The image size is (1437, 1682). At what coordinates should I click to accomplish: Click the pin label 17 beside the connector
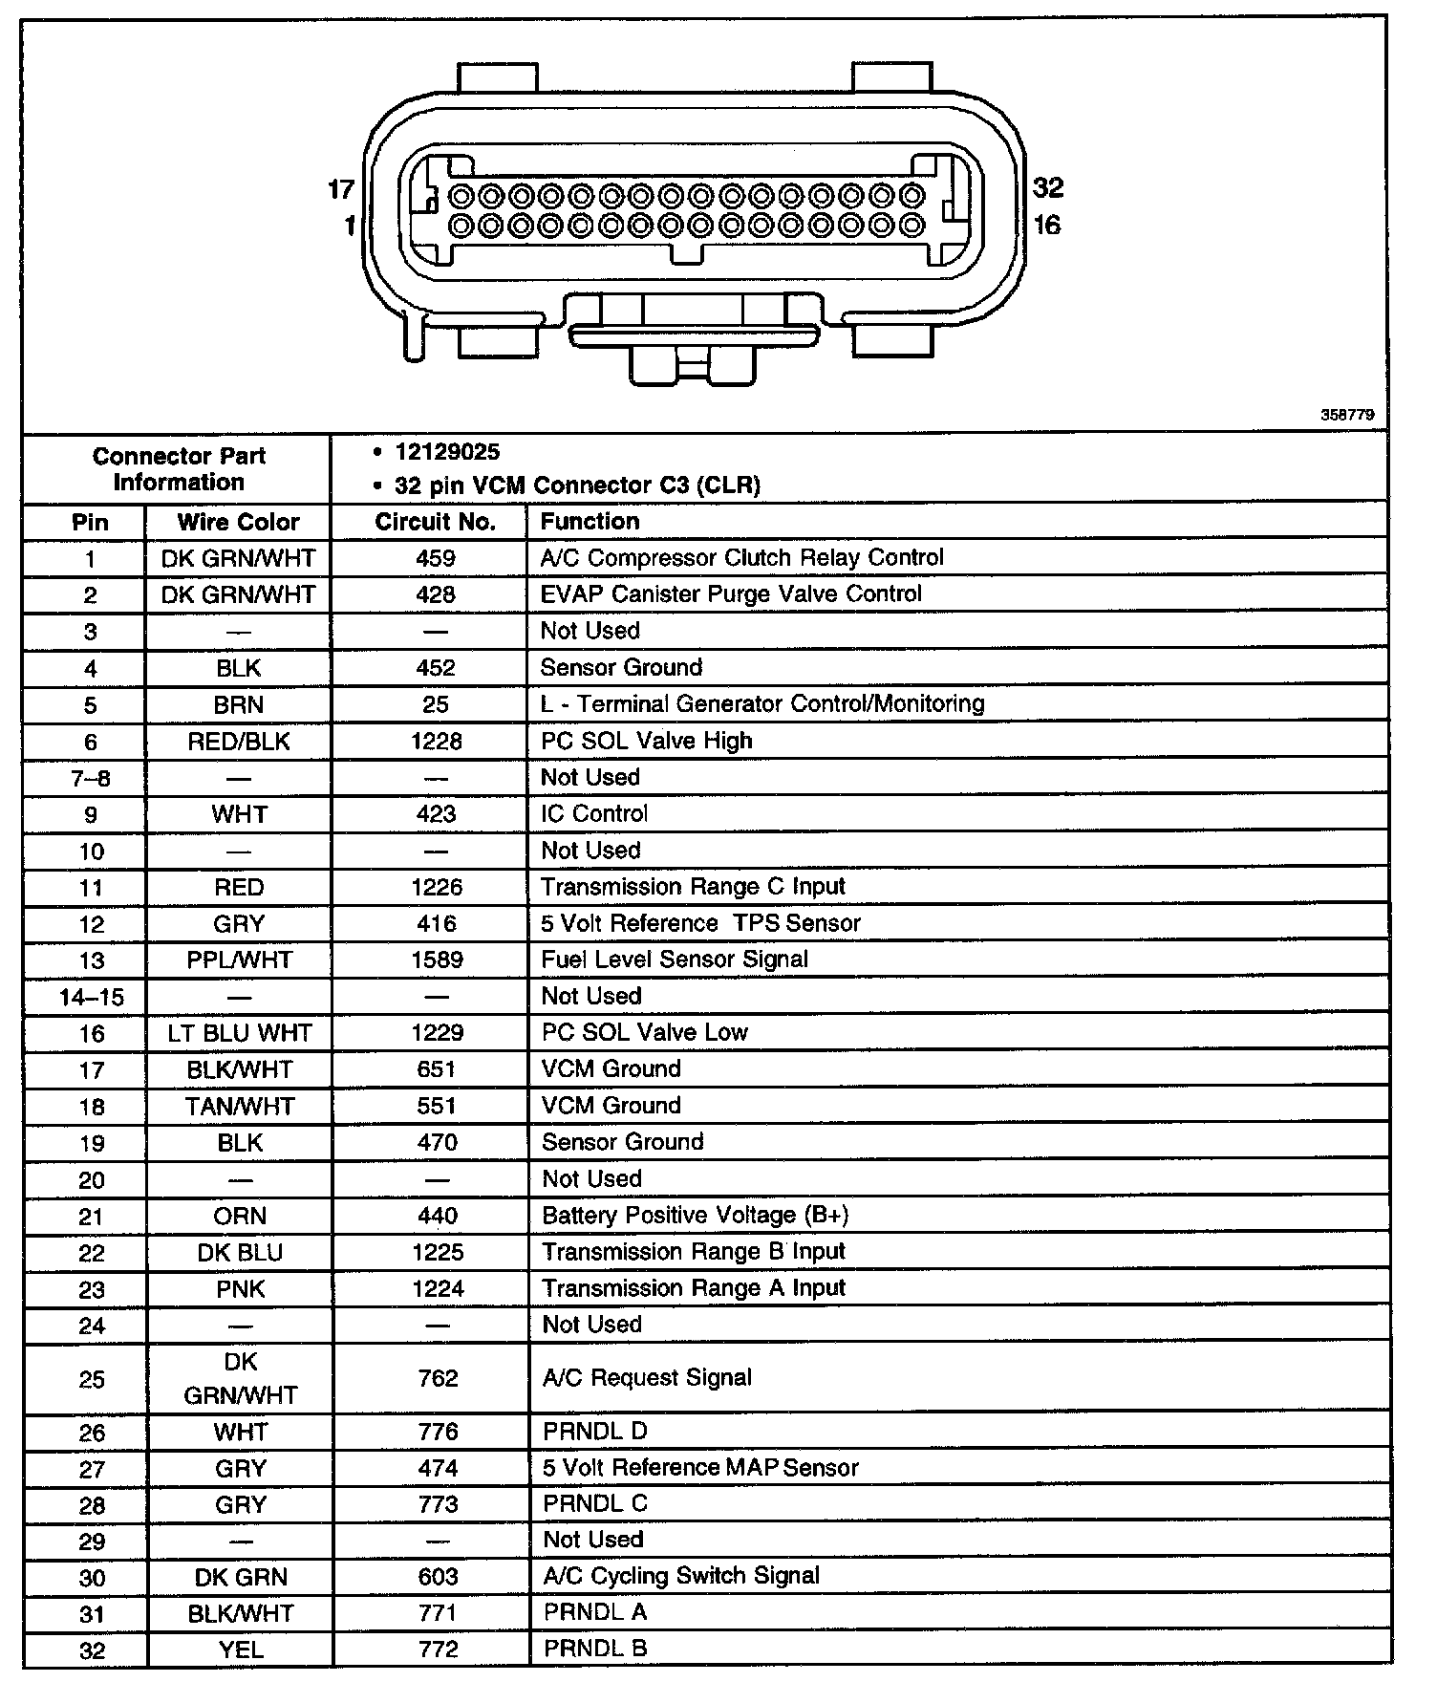[x=341, y=189]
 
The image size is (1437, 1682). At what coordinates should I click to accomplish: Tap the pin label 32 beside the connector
[x=1048, y=187]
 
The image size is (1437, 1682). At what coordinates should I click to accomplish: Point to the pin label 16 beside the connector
[x=1047, y=225]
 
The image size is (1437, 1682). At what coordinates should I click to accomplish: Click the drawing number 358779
[x=1347, y=415]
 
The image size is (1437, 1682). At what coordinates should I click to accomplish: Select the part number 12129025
[x=447, y=452]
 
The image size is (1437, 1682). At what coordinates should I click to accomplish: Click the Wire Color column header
[x=238, y=522]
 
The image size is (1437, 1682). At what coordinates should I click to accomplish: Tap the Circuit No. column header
[x=435, y=522]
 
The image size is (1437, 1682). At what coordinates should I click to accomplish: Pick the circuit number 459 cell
[x=436, y=558]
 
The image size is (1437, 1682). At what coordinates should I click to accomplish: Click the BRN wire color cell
[x=239, y=704]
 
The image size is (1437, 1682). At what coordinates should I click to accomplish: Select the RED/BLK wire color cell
[x=239, y=742]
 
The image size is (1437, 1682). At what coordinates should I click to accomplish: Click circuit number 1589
[x=437, y=960]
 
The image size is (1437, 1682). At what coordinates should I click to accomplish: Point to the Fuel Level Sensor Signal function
[x=675, y=960]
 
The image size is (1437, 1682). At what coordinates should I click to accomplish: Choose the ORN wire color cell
[x=240, y=1216]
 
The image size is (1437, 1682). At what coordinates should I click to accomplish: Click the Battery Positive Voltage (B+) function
[x=696, y=1216]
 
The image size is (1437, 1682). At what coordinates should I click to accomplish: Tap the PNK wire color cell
[x=241, y=1289]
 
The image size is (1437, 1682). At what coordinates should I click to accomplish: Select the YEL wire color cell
[x=241, y=1650]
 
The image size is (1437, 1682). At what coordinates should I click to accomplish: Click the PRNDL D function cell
[x=595, y=1432]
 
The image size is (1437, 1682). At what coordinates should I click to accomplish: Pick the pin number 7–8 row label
[x=91, y=779]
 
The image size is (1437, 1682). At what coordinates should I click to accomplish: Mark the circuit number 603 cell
[x=439, y=1577]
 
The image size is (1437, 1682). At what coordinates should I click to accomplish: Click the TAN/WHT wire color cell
[x=241, y=1107]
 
